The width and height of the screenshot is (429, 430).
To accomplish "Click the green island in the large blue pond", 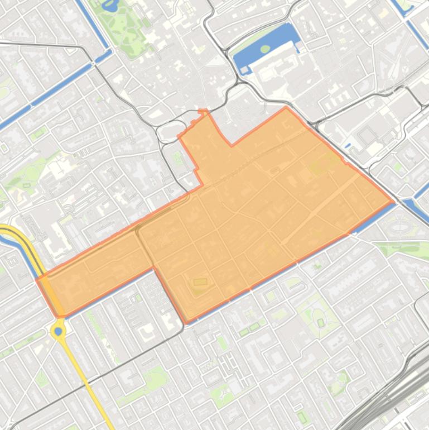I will point(264,49).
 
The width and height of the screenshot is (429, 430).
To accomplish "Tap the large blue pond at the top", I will point(254,53).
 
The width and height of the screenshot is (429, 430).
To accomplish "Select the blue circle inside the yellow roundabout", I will point(59,331).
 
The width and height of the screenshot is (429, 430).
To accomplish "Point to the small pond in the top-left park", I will point(110,6).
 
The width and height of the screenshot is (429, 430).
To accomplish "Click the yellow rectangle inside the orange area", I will point(200,282).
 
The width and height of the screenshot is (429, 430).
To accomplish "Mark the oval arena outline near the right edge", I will point(400,227).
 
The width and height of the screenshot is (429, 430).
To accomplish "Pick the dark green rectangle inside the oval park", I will point(321,323).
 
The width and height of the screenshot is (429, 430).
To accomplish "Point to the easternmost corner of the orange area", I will point(394,202).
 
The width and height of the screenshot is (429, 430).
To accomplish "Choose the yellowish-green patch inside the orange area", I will point(324,165).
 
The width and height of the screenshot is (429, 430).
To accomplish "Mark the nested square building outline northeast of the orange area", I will point(367,135).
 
